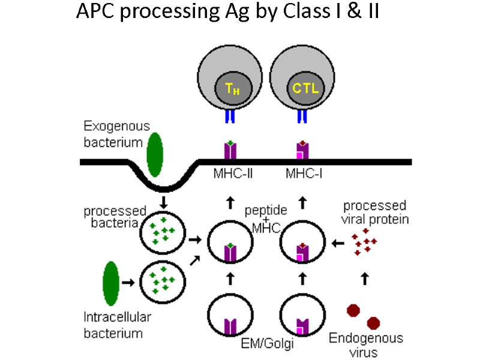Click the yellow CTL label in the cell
(304, 88)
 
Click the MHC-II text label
(230, 174)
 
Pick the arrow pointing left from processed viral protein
(338, 244)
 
